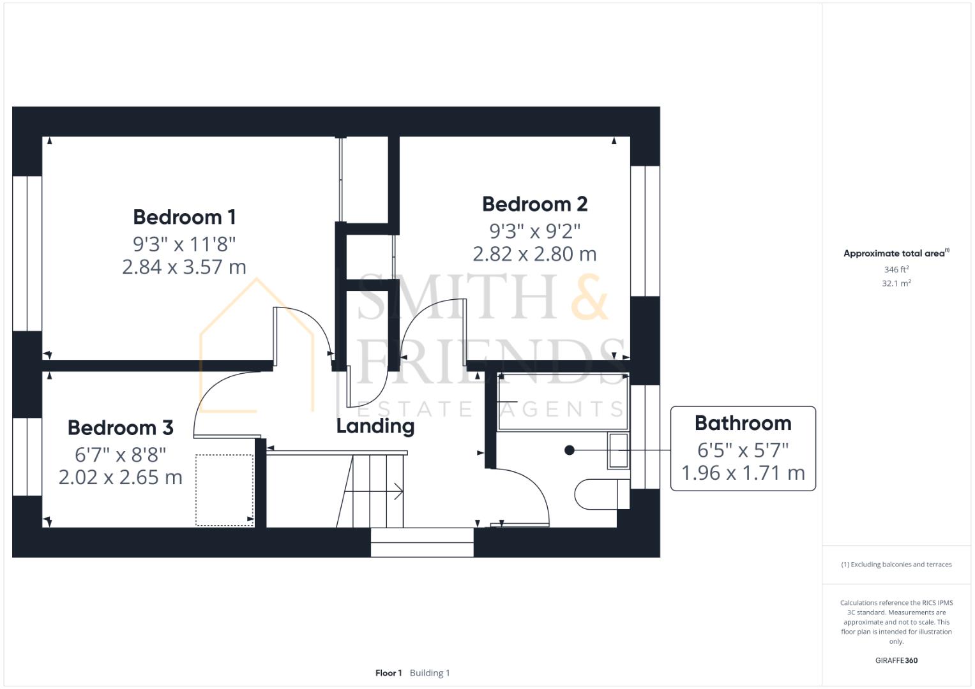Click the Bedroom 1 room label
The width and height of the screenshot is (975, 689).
[x=184, y=217]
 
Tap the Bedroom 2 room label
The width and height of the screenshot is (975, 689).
[x=534, y=204]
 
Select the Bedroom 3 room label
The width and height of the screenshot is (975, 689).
[x=121, y=427]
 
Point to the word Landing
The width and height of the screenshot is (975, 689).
[x=375, y=426]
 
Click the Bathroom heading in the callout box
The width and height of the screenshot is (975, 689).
[x=743, y=423]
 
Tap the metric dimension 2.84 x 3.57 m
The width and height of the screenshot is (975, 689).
[x=184, y=267]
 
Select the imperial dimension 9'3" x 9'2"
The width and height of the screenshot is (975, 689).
[x=534, y=231]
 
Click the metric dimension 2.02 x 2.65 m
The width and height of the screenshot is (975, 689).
[x=121, y=477]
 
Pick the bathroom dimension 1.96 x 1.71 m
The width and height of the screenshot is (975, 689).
[x=743, y=473]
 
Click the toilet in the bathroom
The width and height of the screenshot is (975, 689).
[x=601, y=494]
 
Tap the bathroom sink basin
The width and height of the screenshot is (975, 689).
[x=619, y=450]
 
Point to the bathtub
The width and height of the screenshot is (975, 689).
[x=563, y=401]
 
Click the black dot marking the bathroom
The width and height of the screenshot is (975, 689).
[x=570, y=450]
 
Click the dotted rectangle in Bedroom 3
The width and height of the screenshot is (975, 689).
[x=224, y=490]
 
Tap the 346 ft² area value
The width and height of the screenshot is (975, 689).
[x=896, y=269]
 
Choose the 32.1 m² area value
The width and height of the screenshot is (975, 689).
[x=896, y=283]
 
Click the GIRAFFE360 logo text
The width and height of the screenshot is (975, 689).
[x=896, y=660]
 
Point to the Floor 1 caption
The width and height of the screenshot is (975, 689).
[x=388, y=673]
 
